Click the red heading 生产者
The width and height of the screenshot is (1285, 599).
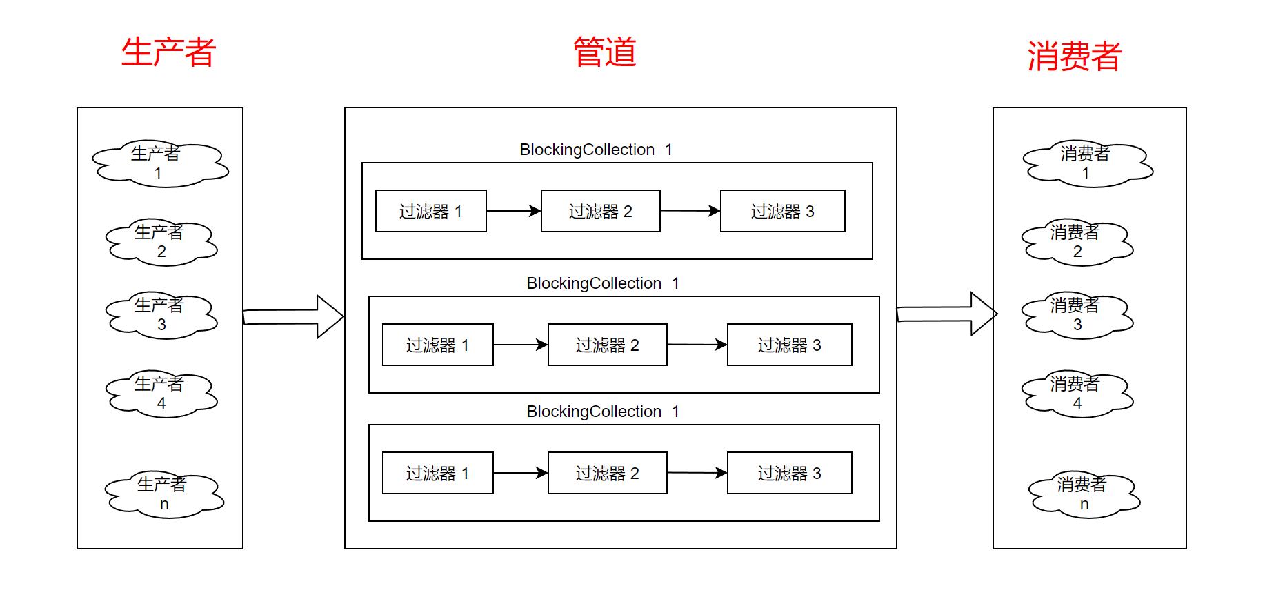[168, 53]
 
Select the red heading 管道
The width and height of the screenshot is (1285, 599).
[605, 53]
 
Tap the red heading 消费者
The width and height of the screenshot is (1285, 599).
[1074, 57]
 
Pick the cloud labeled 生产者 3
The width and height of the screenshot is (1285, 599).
[161, 315]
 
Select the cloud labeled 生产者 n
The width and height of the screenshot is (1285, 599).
[163, 495]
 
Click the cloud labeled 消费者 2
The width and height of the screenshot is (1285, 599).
[1077, 243]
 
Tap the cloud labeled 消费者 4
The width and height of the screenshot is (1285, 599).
[1077, 394]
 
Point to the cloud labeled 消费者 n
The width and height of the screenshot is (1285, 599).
[1084, 495]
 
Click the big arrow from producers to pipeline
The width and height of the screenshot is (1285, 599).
[294, 316]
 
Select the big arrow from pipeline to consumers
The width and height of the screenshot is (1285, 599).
[947, 314]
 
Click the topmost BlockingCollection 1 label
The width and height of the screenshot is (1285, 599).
[596, 150]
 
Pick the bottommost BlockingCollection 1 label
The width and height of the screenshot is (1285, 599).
[603, 412]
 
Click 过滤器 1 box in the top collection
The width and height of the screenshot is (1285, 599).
[431, 211]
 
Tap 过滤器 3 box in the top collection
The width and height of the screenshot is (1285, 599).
[782, 211]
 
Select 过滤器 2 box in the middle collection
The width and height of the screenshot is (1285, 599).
[607, 345]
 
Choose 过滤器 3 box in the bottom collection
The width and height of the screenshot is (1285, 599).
[789, 473]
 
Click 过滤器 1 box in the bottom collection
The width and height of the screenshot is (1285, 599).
[438, 473]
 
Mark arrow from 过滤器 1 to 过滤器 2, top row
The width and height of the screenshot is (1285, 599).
[513, 211]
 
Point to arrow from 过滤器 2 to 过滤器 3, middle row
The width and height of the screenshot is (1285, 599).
[697, 345]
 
